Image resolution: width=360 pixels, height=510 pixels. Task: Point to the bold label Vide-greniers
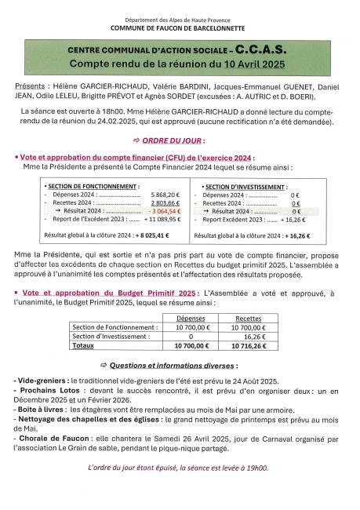(38, 379)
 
